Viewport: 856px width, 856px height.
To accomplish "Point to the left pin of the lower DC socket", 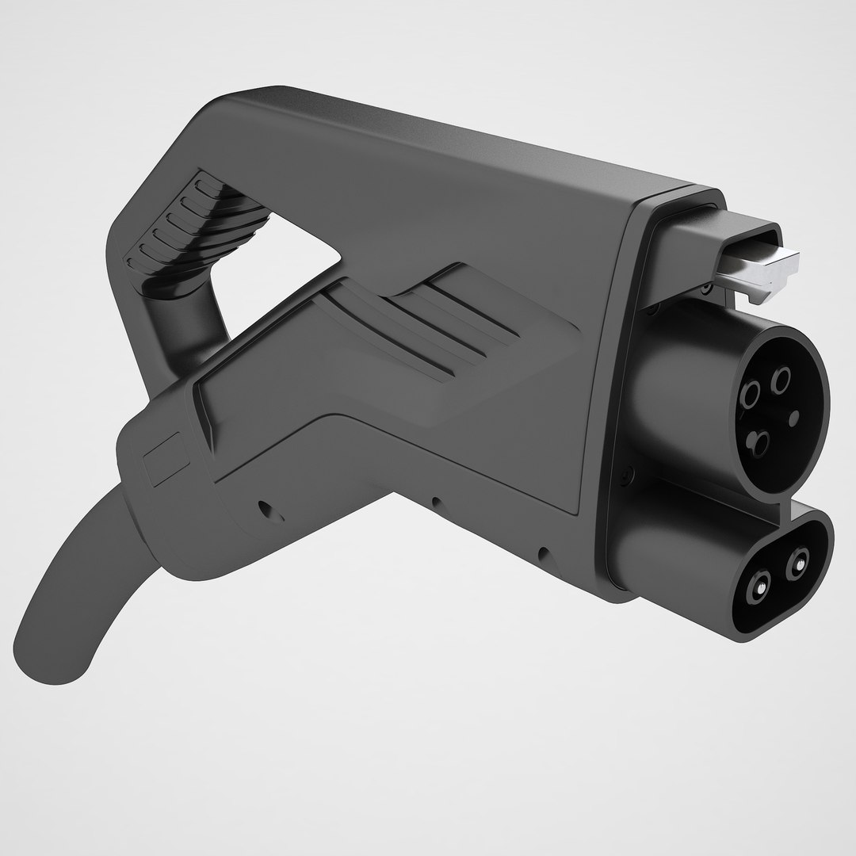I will click(759, 587).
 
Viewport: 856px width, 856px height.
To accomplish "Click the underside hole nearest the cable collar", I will click(262, 507).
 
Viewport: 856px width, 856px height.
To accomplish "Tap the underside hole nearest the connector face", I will click(542, 552).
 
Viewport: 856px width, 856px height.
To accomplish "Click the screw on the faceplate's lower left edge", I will click(629, 476).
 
